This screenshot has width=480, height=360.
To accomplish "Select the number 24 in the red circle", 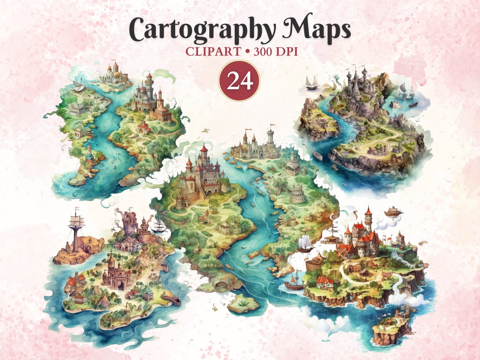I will point(239,81).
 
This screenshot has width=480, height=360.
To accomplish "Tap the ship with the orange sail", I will point(294,282).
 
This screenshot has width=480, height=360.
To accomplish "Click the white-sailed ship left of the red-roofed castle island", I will point(305,243).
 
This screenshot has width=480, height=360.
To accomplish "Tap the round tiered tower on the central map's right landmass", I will point(298,194).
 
